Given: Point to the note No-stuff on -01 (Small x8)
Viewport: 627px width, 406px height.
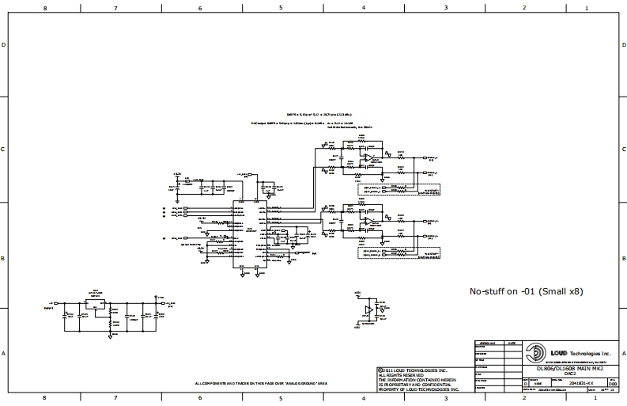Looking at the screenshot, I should pyautogui.click(x=526, y=291).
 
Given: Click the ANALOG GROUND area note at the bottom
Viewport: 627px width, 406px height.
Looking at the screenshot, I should pyautogui.click(x=261, y=383).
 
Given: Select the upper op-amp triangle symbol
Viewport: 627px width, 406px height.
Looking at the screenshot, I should pyautogui.click(x=368, y=159).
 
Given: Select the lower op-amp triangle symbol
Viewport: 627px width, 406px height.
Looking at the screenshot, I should pyautogui.click(x=368, y=222).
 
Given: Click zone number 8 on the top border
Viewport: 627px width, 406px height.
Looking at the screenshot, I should pyautogui.click(x=45, y=8).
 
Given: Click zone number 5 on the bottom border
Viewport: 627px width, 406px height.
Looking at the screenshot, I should pyautogui.click(x=281, y=398).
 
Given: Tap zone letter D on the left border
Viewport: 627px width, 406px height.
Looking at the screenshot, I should pyautogui.click(x=5, y=45).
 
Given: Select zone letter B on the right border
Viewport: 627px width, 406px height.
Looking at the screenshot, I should pyautogui.click(x=622, y=258).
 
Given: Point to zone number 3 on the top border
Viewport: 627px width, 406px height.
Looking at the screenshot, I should pyautogui.click(x=446, y=8).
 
